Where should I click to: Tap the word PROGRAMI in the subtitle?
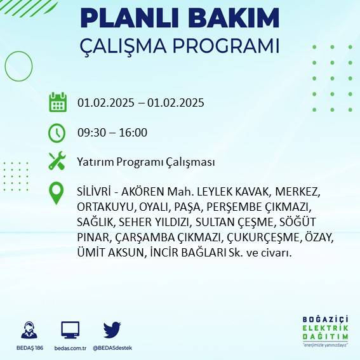[x=227, y=47]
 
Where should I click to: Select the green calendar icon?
[x=58, y=102]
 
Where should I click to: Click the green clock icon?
[x=57, y=133]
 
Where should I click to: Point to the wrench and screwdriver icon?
[x=57, y=161]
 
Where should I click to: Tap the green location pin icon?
[x=57, y=193]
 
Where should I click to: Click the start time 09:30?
[x=91, y=133]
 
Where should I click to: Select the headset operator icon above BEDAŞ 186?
[x=29, y=330]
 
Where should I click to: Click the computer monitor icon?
[x=70, y=330]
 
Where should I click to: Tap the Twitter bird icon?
[x=112, y=330]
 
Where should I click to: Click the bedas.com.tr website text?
[x=70, y=349]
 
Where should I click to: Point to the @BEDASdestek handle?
[x=112, y=349]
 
